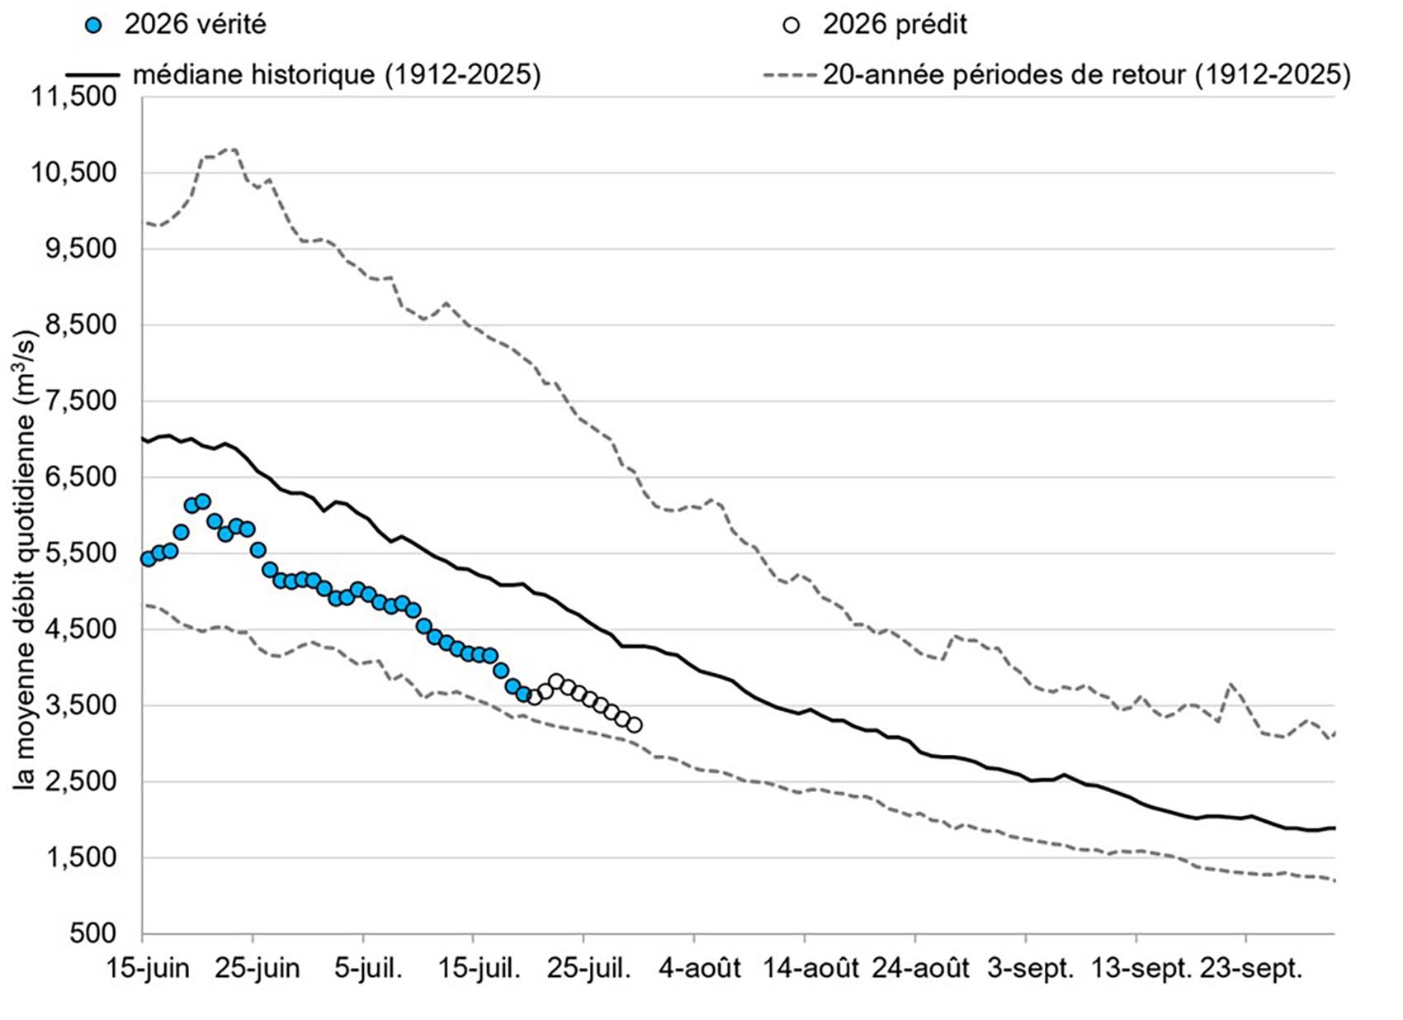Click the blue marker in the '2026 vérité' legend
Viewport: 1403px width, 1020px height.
pyautogui.click(x=95, y=26)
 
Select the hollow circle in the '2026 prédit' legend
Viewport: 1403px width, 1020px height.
pyautogui.click(x=791, y=26)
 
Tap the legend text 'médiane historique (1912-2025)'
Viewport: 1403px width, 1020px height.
pyautogui.click(x=337, y=74)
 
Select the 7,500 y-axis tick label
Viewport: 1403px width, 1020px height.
pyautogui.click(x=80, y=401)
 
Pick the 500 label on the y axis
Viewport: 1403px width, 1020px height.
pyautogui.click(x=92, y=933)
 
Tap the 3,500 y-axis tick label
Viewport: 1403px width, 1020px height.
pyautogui.click(x=80, y=705)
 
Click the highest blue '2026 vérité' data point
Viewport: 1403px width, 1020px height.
pyautogui.click(x=203, y=501)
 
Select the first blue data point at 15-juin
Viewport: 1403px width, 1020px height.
pyautogui.click(x=148, y=559)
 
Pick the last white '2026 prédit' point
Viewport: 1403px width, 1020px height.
pyautogui.click(x=634, y=725)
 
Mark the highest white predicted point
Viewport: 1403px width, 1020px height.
pyautogui.click(x=556, y=681)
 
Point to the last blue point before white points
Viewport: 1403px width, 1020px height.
pyautogui.click(x=523, y=694)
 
